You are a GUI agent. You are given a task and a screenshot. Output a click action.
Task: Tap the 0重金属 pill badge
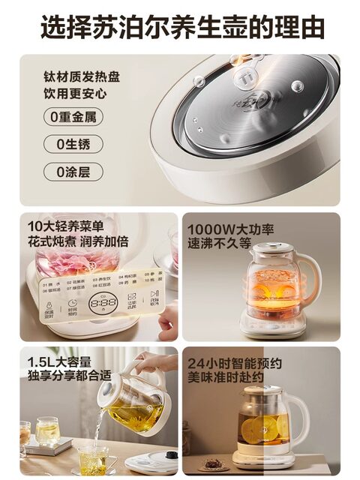click(x=73, y=117)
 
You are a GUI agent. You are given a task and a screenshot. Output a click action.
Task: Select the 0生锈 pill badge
click(x=73, y=144)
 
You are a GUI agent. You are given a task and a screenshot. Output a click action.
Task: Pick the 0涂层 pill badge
click(x=73, y=171)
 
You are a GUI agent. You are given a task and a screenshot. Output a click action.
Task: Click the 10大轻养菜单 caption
click(x=65, y=226)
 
